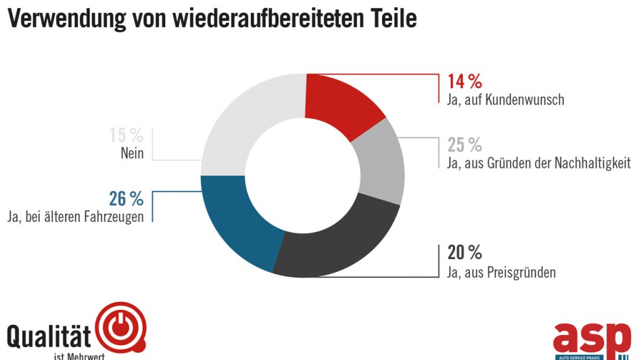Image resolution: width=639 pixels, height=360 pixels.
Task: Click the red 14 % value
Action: point(465,82)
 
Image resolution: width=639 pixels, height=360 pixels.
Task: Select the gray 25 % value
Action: point(465,145)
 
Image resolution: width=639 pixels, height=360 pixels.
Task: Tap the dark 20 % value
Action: point(465,253)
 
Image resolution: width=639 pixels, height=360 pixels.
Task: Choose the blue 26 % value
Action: point(126,199)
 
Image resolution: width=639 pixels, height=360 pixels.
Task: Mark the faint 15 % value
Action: point(126,135)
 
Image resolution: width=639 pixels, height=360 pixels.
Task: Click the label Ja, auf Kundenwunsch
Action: point(505,99)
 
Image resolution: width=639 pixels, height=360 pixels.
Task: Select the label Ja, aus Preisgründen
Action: point(501,273)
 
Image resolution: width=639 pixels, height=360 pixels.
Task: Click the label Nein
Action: point(132,154)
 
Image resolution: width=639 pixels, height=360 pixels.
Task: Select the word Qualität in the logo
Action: point(49,336)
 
